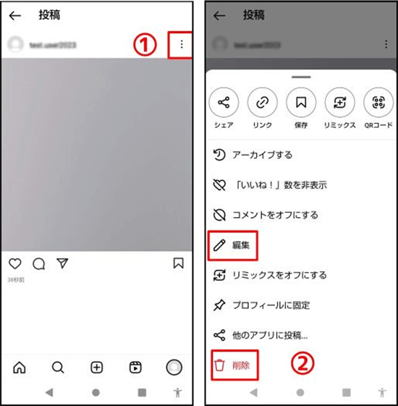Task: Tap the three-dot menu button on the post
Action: (x=181, y=45)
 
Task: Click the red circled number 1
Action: (x=146, y=45)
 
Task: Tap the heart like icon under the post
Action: (x=15, y=264)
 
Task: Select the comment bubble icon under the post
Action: (x=38, y=264)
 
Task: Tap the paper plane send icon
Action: (x=62, y=264)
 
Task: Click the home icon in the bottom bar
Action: (x=20, y=367)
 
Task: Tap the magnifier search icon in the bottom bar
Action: (x=58, y=367)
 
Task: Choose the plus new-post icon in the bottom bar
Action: (x=96, y=367)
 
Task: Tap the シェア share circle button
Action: (x=224, y=103)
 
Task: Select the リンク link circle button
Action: (x=262, y=103)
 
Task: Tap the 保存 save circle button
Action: (x=301, y=103)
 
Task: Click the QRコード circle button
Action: (x=378, y=103)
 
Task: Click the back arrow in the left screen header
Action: (x=15, y=15)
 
